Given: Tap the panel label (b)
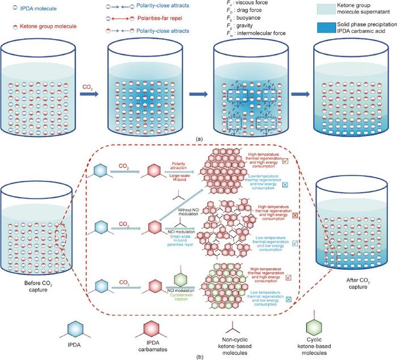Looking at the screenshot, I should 198,355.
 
